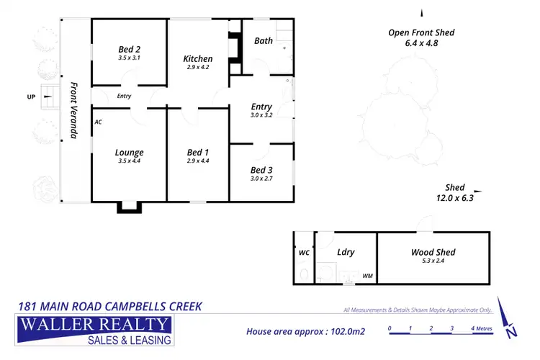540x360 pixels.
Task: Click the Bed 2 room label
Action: pyautogui.click(x=129, y=49)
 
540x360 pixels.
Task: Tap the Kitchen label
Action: pyautogui.click(x=197, y=58)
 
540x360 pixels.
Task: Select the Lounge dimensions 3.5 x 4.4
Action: pyautogui.click(x=129, y=161)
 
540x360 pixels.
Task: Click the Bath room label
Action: pyautogui.click(x=264, y=41)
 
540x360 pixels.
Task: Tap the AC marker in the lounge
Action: pyautogui.click(x=98, y=122)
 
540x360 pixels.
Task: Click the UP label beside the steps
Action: pyautogui.click(x=31, y=96)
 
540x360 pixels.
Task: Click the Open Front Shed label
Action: pyautogui.click(x=421, y=32)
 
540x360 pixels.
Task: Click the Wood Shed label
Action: pyautogui.click(x=433, y=252)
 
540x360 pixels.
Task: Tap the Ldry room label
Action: pyautogui.click(x=346, y=252)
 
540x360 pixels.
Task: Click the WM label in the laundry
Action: pyautogui.click(x=367, y=276)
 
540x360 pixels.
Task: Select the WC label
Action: pyautogui.click(x=304, y=253)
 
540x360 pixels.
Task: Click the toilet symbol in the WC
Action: pyautogui.click(x=305, y=274)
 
